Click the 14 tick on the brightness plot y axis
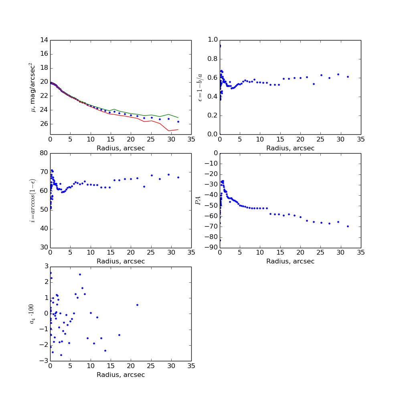pos(44,40)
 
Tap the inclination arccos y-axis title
pos(32,200)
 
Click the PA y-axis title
pos(198,200)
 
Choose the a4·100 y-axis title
pos(32,314)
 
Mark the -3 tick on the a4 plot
pos(44,361)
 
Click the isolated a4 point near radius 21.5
pos(137,305)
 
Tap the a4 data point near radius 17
pos(119,335)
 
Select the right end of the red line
pos(178,130)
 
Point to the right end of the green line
pos(178,117)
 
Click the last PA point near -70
pos(348,226)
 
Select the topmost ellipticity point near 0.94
pos(220,46)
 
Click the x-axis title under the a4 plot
pos(121,375)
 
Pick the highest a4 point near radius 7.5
pos(80,274)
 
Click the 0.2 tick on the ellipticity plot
pos(212,115)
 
